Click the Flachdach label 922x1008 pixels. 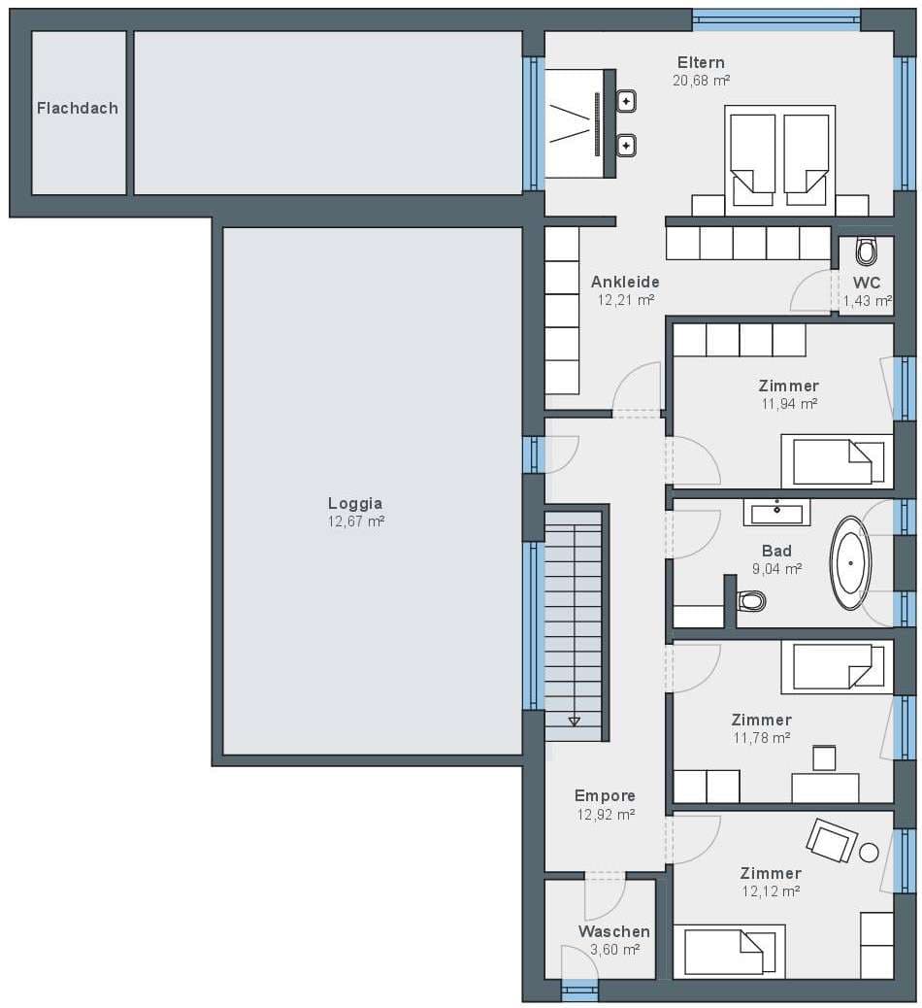[77, 108]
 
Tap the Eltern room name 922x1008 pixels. [701, 62]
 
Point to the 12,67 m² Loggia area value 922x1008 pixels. [356, 521]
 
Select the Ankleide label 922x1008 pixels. [625, 282]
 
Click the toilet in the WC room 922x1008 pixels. [866, 252]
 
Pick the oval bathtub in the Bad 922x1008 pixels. [851, 562]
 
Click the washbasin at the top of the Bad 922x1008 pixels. [776, 513]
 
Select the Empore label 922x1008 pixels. [605, 796]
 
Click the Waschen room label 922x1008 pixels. [613, 931]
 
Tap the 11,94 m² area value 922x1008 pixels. [789, 404]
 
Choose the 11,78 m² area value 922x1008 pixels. [761, 737]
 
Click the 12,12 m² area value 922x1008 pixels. [771, 891]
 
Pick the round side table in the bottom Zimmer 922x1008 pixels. [869, 853]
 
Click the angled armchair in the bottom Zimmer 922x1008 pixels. [832, 840]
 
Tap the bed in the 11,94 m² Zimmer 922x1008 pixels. [837, 461]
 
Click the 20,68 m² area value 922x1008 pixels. [701, 81]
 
